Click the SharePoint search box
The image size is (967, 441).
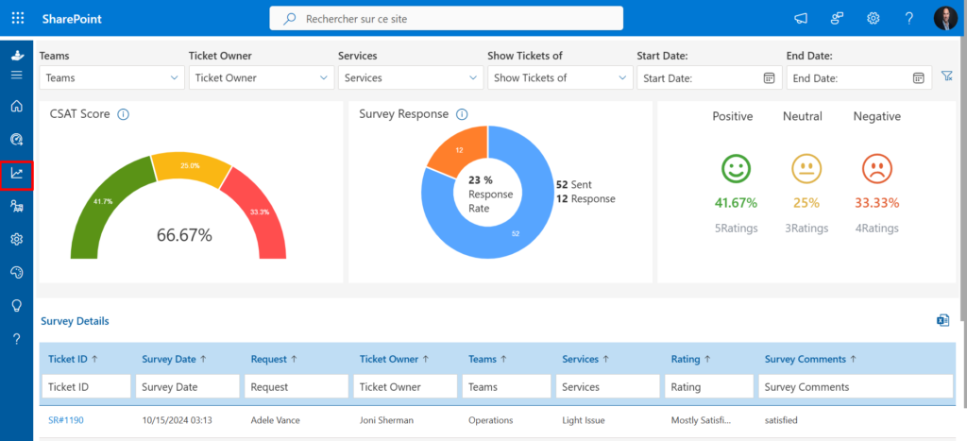point(446,19)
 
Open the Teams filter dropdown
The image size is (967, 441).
point(111,77)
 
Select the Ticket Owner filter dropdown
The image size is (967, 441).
point(261,77)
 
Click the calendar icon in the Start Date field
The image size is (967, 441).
point(769,77)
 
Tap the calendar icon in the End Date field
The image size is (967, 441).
point(918,77)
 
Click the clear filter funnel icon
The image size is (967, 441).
point(946,76)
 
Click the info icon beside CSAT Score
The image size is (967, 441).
point(124,114)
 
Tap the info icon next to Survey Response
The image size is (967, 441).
point(462,114)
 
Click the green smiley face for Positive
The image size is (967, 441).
point(736,168)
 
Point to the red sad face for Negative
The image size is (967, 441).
point(876,168)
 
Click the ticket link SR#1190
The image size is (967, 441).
point(66,420)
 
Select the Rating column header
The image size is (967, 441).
point(686,359)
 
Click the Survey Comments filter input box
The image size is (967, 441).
point(856,387)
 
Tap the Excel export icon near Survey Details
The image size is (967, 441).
point(943,319)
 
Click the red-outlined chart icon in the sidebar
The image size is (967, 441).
point(17,174)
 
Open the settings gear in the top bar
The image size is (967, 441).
point(874,19)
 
